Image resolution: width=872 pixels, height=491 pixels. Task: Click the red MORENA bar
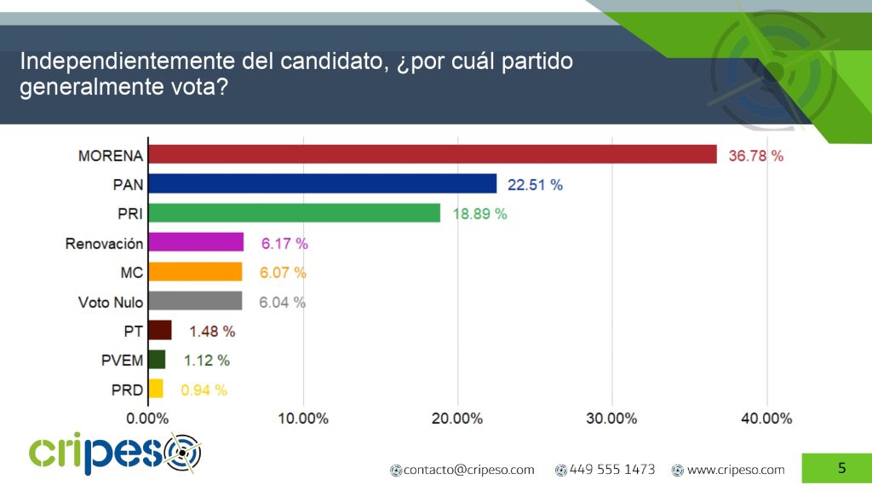tap(433, 154)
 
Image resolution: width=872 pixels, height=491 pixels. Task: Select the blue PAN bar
tap(322, 183)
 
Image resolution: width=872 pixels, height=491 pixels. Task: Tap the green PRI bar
tap(294, 213)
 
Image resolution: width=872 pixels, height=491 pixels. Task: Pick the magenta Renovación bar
tap(196, 243)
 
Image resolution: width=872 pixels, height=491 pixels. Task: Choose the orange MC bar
tap(195, 272)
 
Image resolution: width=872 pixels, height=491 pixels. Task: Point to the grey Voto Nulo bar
tap(195, 301)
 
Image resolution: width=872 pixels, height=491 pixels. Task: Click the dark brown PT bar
tap(160, 330)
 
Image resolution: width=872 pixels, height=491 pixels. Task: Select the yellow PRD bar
tap(156, 389)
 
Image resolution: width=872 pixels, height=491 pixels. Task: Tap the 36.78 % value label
tap(755, 156)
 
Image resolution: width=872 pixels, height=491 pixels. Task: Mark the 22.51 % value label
tap(536, 185)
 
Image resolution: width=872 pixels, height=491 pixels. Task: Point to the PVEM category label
tap(122, 361)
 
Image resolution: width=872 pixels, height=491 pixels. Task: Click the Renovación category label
tap(104, 244)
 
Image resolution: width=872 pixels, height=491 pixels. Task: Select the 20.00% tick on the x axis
tap(457, 419)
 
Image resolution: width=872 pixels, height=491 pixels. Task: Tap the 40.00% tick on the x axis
tap(766, 419)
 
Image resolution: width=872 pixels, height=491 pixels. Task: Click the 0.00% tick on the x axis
tap(147, 419)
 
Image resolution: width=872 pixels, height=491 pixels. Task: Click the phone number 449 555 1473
tap(611, 470)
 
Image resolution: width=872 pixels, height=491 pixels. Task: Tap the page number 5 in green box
tap(841, 467)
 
